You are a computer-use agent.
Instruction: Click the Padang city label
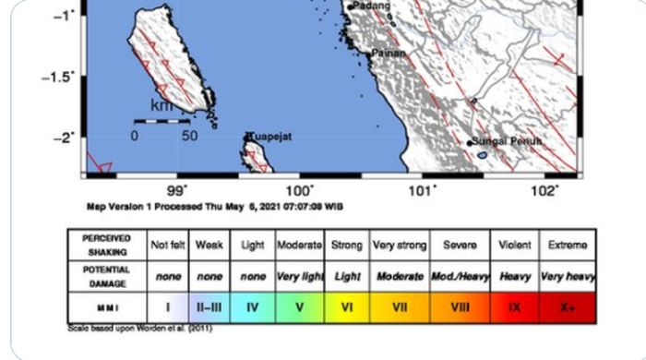[x=372, y=6]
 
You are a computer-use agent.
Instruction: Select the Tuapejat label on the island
[x=270, y=137]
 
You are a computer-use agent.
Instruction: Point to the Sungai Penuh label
[x=506, y=141]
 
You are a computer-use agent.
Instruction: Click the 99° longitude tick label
[x=178, y=191]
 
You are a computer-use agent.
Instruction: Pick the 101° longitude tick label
[x=423, y=191]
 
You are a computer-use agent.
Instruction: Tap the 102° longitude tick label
[x=544, y=191]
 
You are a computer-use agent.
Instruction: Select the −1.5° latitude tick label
[x=58, y=77]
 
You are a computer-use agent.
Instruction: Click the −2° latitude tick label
[x=63, y=138]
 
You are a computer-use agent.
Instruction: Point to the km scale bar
[x=161, y=120]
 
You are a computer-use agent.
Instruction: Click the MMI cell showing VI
[x=347, y=306]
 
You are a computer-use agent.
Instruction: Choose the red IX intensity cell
[x=514, y=306]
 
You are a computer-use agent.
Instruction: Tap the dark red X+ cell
[x=567, y=306]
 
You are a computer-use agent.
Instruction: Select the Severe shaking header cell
[x=460, y=246]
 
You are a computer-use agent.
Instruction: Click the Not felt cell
[x=168, y=246]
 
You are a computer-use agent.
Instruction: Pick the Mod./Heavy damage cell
[x=460, y=276]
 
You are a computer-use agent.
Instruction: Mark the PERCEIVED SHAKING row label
[x=105, y=246]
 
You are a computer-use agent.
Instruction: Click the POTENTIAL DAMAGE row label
[x=105, y=276]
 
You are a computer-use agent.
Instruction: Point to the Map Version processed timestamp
[x=214, y=207]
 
